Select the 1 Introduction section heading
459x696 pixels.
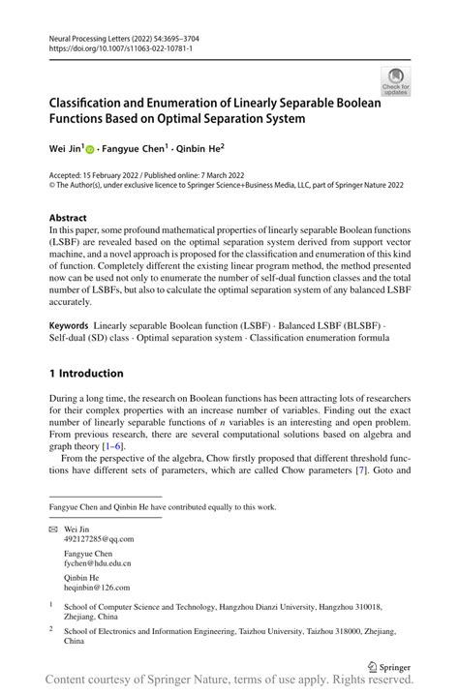click(86, 373)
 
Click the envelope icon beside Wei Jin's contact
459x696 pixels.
click(52, 529)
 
